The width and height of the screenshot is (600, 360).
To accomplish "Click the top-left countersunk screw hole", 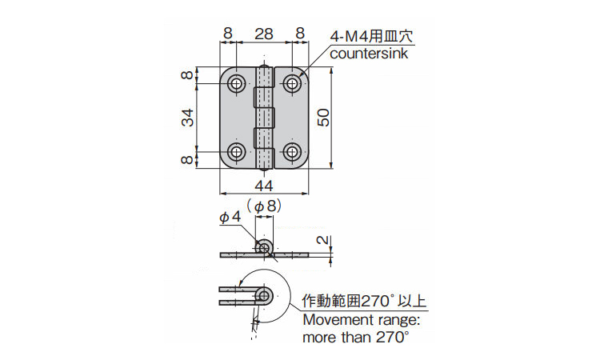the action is (237, 83).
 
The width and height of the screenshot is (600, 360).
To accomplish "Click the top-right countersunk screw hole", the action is (292, 83).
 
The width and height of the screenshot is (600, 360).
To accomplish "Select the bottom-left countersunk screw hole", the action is (237, 152).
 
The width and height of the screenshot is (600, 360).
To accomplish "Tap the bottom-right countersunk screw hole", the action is (292, 152).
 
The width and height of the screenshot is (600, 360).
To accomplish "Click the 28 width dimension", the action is (264, 34).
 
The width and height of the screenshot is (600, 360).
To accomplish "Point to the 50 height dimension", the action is (324, 118).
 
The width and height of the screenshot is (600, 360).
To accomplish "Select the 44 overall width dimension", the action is (264, 186).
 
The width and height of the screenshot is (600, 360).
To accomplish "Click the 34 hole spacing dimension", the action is (187, 118).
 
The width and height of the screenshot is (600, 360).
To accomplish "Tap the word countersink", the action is (369, 54).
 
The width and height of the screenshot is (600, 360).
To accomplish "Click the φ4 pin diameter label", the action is (230, 218).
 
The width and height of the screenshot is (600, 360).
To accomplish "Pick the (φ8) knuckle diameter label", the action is (264, 206).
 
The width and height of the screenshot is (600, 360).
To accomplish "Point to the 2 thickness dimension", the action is (324, 240).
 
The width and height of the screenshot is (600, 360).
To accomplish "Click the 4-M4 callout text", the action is (371, 37).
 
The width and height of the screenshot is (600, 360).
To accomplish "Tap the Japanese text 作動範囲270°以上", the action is (364, 301).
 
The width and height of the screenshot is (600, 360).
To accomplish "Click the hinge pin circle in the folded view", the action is (264, 296).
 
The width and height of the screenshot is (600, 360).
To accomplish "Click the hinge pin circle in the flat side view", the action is (264, 248).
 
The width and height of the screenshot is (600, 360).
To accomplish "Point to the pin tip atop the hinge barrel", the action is (264, 66).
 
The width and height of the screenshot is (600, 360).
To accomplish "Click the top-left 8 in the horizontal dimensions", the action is (228, 34).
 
